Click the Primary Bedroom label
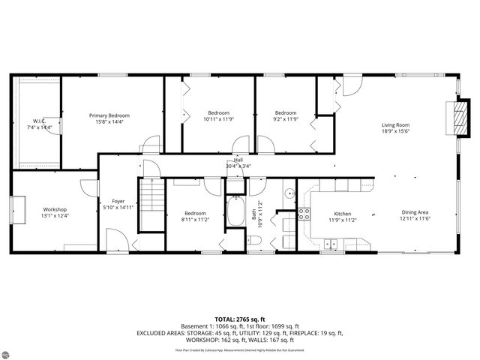click(x=109, y=115)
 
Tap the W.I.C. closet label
click(x=38, y=121)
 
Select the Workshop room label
click(x=55, y=209)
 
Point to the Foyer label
click(x=118, y=201)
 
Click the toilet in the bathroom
click(x=253, y=241)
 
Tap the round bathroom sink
click(x=288, y=194)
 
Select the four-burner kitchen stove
click(x=304, y=212)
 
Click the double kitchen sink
click(x=330, y=243)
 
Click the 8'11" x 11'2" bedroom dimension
click(x=194, y=218)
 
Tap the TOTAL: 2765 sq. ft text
click(x=239, y=319)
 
